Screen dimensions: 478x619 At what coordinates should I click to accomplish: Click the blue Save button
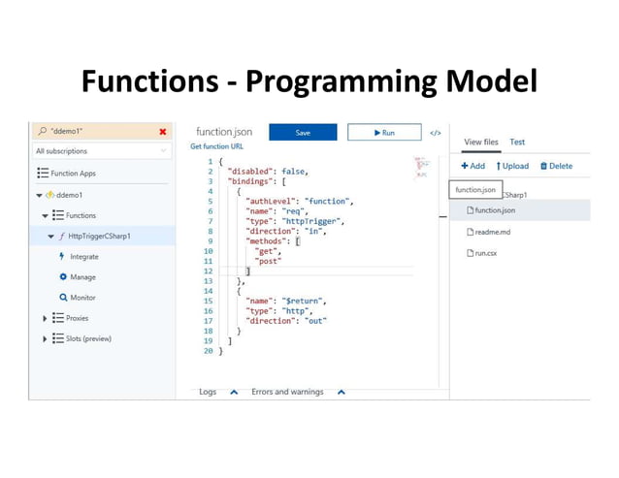click(303, 132)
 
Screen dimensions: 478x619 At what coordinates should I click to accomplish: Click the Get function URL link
click(216, 146)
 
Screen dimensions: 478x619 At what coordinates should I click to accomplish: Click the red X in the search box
click(162, 131)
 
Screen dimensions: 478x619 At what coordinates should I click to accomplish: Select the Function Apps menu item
click(73, 174)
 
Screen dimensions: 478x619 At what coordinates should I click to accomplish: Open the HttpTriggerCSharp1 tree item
click(99, 236)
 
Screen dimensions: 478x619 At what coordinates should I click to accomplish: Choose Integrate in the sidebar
click(83, 257)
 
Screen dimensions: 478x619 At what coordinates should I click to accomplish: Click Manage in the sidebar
click(81, 277)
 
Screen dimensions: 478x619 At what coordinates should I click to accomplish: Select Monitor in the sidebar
click(82, 298)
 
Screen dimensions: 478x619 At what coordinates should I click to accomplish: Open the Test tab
click(517, 143)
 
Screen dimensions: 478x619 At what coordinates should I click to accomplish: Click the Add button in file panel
click(472, 166)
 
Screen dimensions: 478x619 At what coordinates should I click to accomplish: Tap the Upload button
click(512, 166)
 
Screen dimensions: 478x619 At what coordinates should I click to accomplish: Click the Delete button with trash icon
click(556, 166)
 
